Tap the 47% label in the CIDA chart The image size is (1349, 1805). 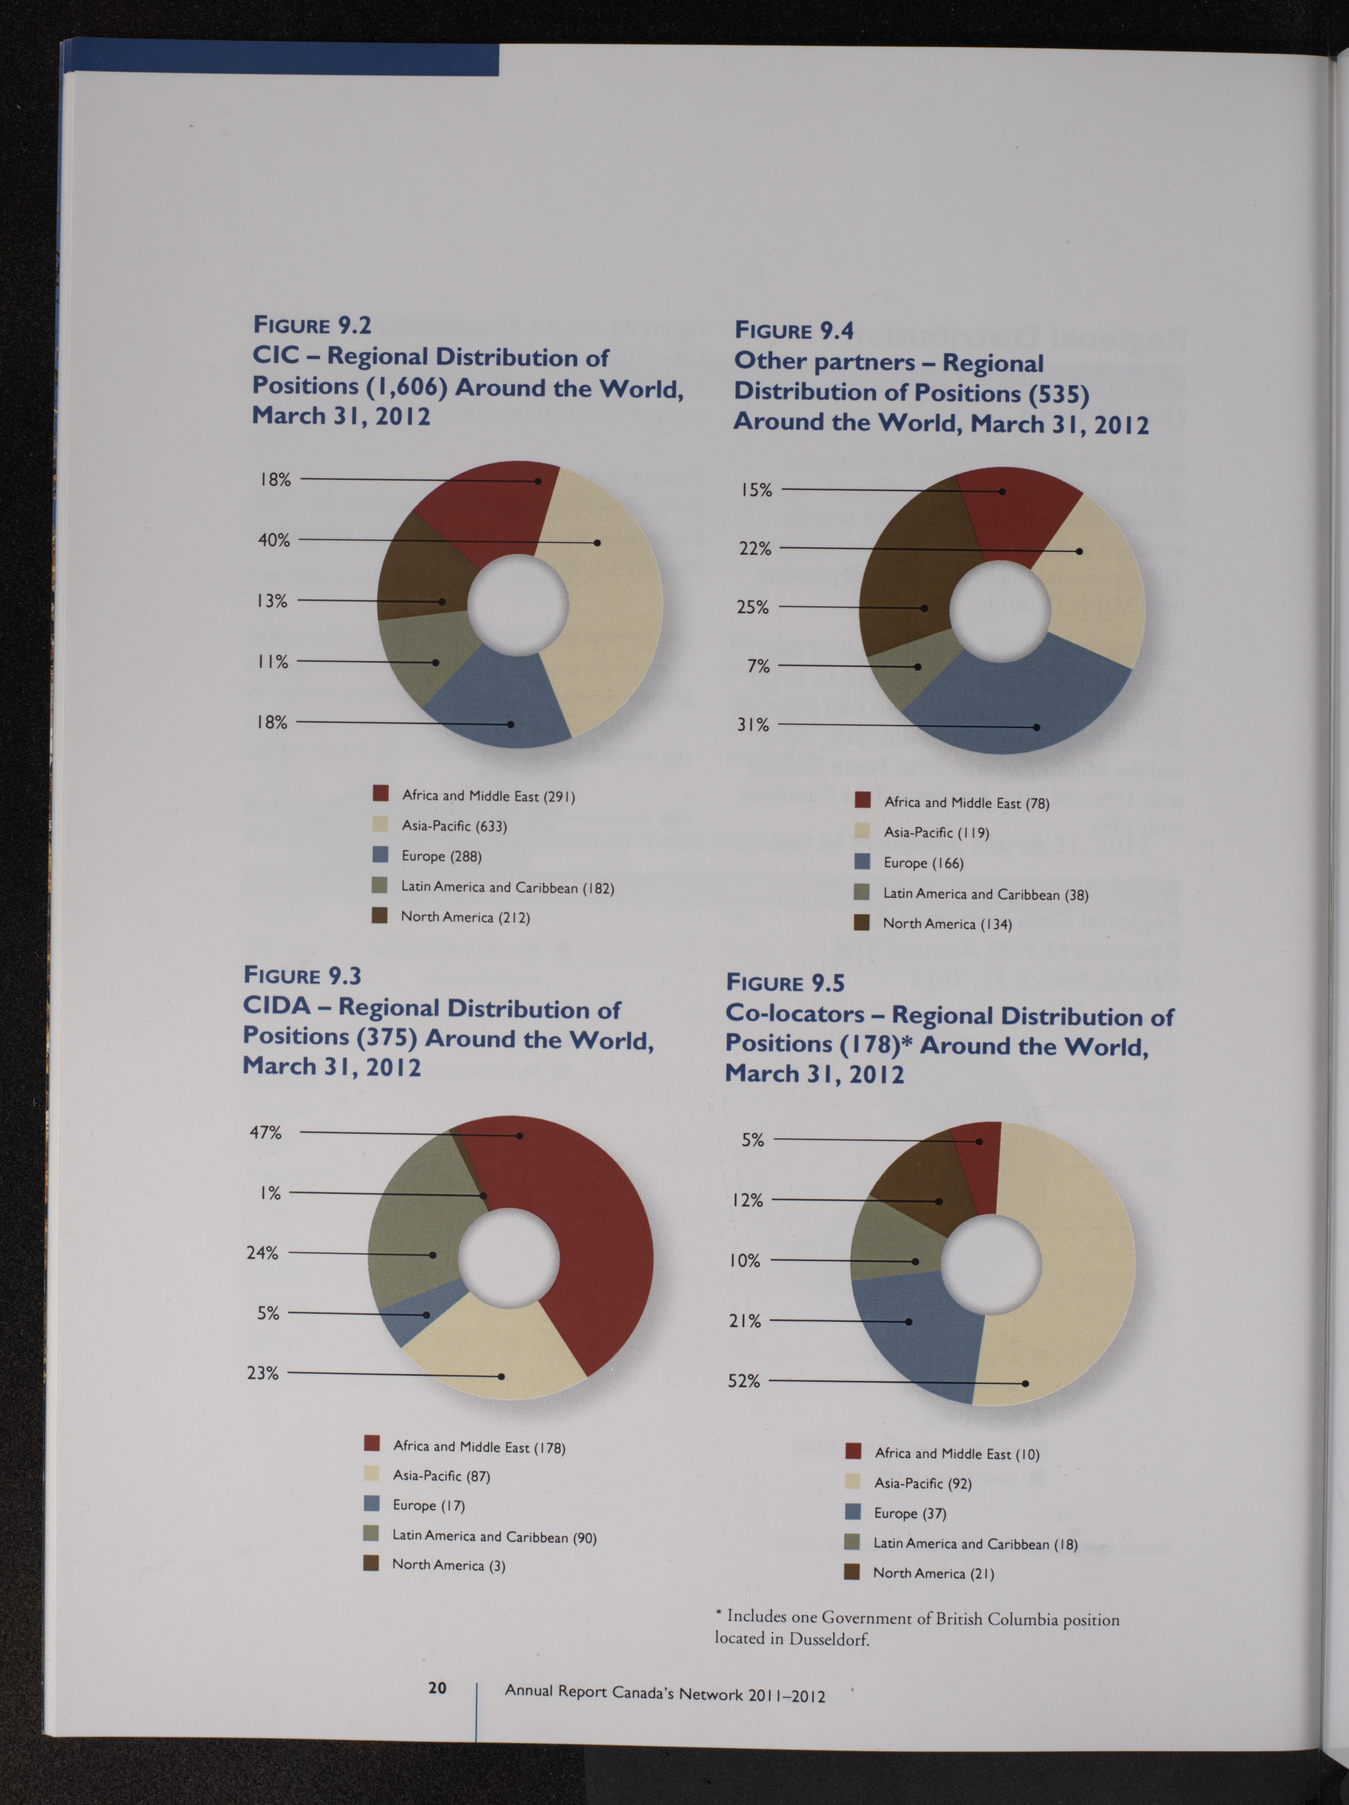265,1132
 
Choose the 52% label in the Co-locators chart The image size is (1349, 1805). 744,1381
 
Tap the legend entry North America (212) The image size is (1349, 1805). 465,917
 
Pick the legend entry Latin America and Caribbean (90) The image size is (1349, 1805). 494,1537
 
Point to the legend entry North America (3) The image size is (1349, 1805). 449,1565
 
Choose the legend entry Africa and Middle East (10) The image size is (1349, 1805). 957,1454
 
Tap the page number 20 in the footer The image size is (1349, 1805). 437,1687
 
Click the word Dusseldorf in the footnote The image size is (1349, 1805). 829,1639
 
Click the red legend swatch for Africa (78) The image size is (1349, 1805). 863,801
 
